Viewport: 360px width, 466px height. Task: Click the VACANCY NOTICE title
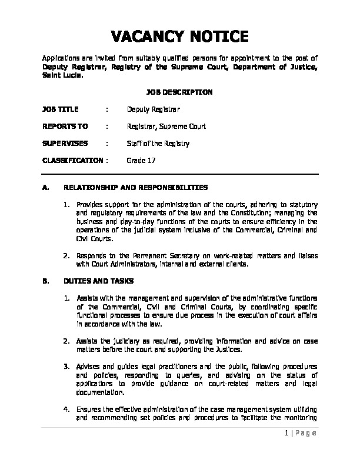179,37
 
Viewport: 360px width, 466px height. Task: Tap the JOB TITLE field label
61,109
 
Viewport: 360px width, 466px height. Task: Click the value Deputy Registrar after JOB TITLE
154,109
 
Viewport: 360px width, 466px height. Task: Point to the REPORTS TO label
65,126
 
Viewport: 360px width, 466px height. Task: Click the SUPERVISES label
64,143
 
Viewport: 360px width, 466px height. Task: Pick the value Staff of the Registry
158,143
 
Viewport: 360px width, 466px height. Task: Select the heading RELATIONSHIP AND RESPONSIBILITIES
136,188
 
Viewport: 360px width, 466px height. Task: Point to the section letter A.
45,188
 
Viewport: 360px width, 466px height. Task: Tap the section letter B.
45,281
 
